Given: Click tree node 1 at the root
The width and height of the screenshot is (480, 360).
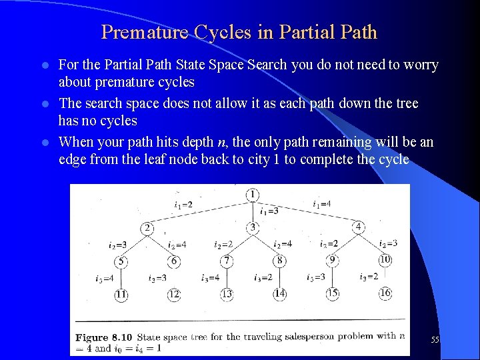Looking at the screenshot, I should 252,195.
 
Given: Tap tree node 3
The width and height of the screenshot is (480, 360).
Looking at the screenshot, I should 252,228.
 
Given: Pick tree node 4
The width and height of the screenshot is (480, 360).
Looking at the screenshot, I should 358,227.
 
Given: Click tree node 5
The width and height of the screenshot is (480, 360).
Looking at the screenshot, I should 121,261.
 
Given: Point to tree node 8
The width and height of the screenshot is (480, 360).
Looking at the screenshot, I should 279,261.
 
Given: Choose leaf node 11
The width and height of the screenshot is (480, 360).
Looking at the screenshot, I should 121,294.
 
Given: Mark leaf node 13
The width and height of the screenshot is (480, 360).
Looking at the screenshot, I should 227,294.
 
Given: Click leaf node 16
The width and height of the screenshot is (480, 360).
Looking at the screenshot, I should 385,293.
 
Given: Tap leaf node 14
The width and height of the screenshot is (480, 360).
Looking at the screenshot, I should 279,293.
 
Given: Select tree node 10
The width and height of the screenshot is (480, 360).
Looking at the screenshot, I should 385,259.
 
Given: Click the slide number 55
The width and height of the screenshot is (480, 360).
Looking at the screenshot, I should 435,340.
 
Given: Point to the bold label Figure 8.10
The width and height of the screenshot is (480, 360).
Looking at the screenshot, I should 103,337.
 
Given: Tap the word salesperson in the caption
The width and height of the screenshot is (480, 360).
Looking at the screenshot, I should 301,337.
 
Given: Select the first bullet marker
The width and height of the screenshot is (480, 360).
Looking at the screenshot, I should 45,65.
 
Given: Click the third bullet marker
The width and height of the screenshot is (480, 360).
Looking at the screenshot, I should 45,143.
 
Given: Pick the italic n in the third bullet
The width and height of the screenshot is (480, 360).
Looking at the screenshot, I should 220,142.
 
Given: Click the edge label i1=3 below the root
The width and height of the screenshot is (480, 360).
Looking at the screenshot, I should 269,211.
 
